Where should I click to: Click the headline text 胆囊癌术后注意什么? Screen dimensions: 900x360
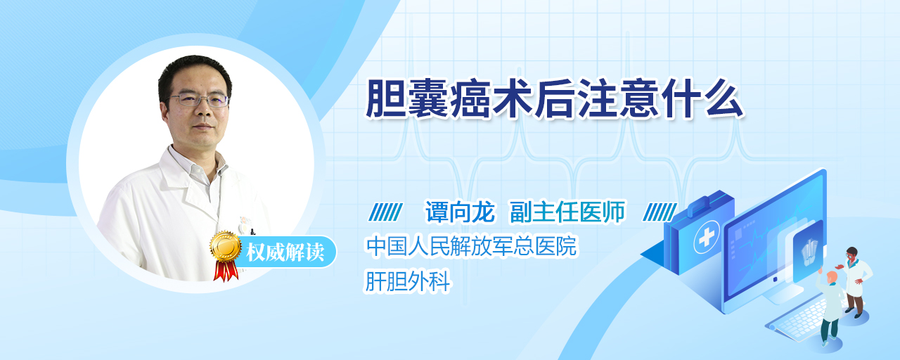(x=555, y=99)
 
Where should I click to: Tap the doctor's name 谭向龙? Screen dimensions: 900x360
(x=460, y=212)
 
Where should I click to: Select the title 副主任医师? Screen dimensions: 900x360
(x=567, y=212)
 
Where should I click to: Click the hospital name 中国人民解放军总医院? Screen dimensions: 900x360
(x=471, y=246)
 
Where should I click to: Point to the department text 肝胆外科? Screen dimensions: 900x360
(x=407, y=281)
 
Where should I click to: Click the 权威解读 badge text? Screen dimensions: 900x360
(x=285, y=252)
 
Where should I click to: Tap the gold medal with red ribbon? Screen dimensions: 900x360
(x=226, y=255)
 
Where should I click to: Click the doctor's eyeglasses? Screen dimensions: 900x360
(x=198, y=99)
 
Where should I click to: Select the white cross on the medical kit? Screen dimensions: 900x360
(x=706, y=238)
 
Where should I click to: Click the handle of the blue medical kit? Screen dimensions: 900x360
(x=709, y=202)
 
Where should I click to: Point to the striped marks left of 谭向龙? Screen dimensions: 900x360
(x=385, y=212)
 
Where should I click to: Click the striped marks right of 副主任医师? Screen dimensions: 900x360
(x=660, y=212)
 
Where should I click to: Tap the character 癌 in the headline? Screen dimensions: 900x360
(x=471, y=99)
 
